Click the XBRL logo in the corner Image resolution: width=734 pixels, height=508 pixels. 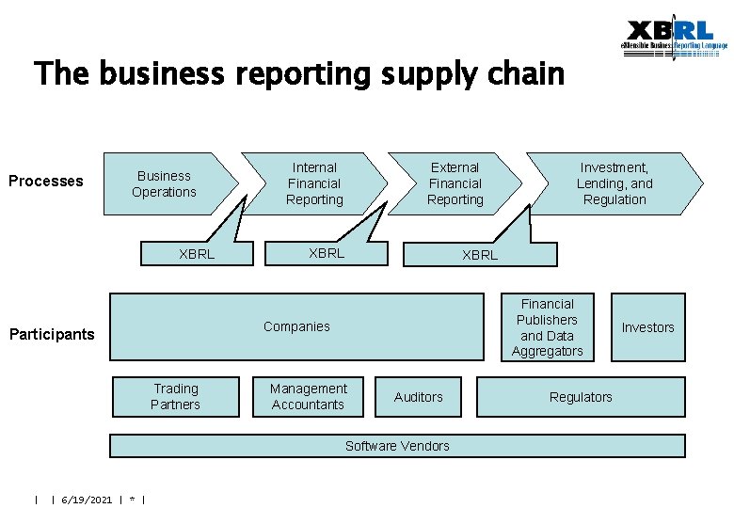(673, 38)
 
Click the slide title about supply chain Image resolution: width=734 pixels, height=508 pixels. (299, 72)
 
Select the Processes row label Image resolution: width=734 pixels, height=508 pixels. (45, 181)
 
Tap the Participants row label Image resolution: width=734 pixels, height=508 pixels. (52, 333)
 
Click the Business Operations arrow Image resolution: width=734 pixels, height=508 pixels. (166, 183)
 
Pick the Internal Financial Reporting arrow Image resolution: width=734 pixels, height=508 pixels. (314, 183)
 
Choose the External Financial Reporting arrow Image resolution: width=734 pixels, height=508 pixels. (455, 183)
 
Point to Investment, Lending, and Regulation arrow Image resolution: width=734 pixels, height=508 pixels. (614, 183)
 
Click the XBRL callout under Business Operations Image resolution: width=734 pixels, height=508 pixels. (197, 254)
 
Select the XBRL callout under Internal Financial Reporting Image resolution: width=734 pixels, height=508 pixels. (327, 253)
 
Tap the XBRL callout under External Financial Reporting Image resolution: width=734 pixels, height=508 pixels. (479, 255)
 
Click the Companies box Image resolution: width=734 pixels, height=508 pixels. (296, 327)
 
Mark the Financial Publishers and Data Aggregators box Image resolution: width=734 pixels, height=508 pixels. (548, 327)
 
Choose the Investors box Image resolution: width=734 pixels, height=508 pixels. (647, 327)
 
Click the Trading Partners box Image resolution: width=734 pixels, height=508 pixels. (176, 396)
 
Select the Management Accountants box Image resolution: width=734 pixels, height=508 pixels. (308, 396)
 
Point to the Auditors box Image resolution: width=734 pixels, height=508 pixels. (418, 397)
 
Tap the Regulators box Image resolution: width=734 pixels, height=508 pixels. (581, 397)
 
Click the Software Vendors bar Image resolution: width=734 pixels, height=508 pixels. (397, 446)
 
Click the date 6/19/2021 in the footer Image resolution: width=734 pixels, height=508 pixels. (86, 500)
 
